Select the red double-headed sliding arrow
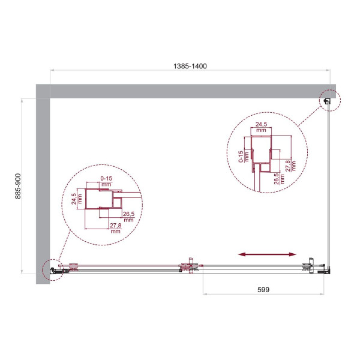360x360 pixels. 267,255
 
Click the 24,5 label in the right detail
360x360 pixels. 261,127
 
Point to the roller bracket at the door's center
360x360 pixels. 191,266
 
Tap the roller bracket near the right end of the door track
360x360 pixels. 310,266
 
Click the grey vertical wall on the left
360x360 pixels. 43,180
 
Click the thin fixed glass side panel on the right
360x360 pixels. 329,180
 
